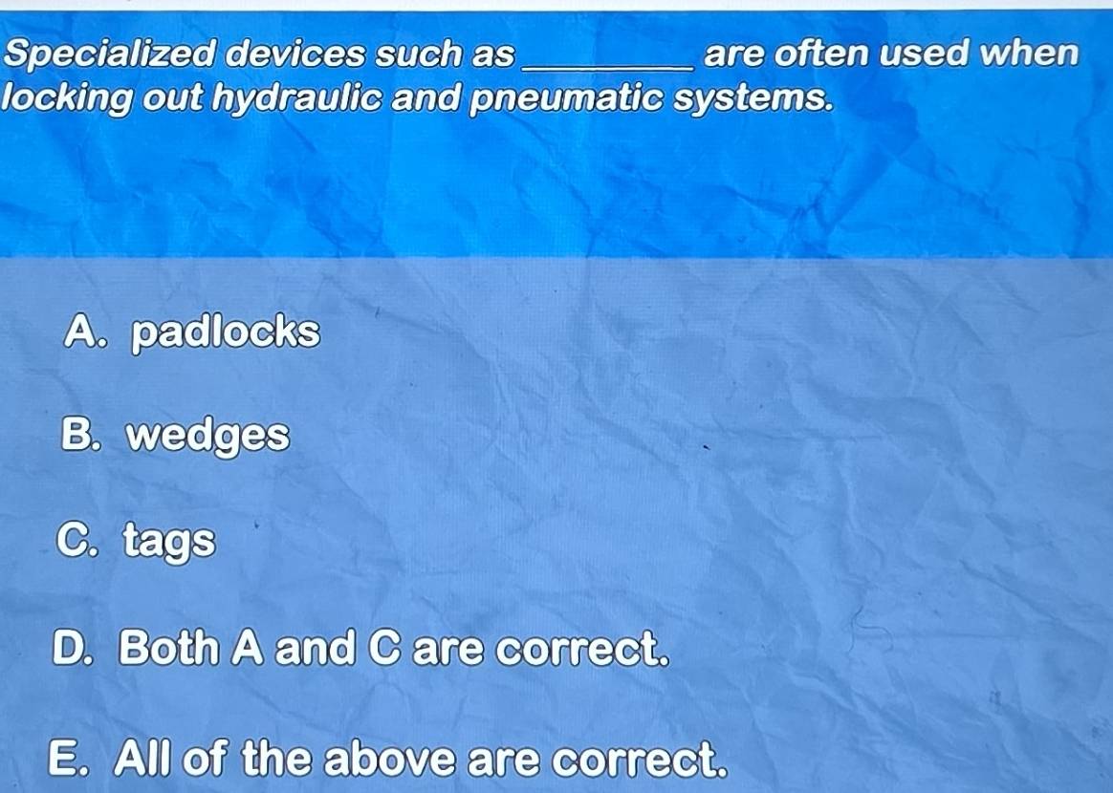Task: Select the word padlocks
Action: click(226, 332)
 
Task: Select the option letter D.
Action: click(75, 649)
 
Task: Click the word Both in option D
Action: click(168, 649)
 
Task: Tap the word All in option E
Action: click(143, 761)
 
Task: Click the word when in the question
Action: click(1033, 54)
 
